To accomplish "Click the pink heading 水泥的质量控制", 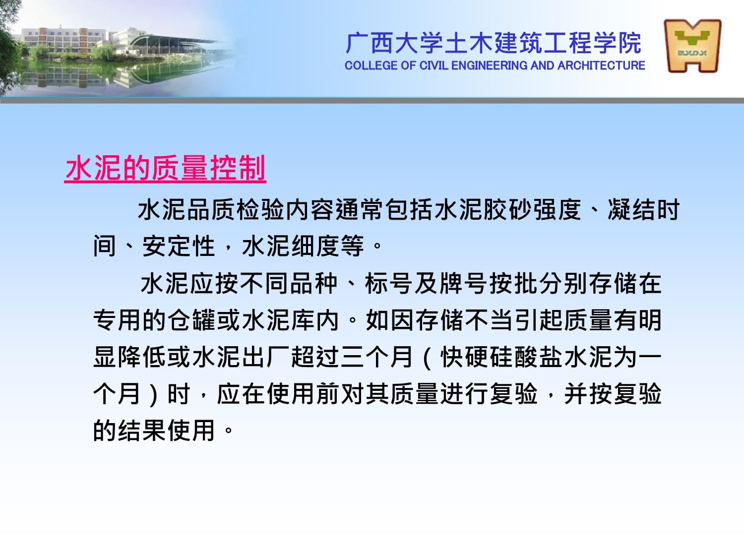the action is coord(165,168).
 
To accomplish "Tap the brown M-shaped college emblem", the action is coord(692,46).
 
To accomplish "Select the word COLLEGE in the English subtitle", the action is coord(371,65).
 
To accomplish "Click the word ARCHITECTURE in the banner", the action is coord(601,65).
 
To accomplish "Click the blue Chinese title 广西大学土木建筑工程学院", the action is coord(493,43).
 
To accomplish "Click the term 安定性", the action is coord(179,247).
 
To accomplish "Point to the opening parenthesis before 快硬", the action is coord(427,358).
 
